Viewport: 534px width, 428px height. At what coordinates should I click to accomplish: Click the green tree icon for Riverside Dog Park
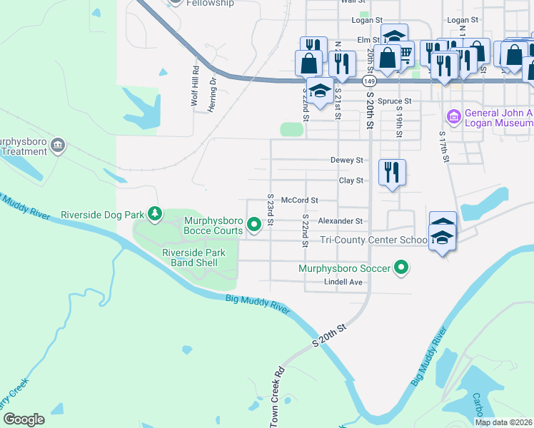point(154,213)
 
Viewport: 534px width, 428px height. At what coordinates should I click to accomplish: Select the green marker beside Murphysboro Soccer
point(402,268)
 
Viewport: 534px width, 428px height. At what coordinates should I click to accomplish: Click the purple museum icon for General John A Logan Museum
point(453,116)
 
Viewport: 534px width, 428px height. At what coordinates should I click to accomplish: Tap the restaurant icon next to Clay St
point(391,172)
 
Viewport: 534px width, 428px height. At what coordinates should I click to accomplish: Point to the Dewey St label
point(347,160)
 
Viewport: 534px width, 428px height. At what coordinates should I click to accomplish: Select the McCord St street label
point(299,201)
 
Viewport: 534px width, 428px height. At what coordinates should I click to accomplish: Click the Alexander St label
point(341,221)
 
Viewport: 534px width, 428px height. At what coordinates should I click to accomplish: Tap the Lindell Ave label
point(343,282)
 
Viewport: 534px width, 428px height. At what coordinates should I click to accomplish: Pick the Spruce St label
point(395,101)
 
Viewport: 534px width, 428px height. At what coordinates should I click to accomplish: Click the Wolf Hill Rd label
point(194,86)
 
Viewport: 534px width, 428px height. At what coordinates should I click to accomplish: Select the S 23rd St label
point(271,210)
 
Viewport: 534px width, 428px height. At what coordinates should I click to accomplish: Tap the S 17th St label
point(443,146)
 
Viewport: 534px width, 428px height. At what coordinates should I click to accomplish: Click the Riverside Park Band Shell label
point(193,258)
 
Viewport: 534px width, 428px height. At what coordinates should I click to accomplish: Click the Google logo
point(24,419)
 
